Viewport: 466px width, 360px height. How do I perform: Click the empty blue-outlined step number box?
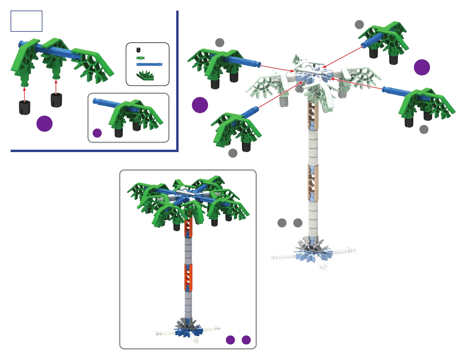26,21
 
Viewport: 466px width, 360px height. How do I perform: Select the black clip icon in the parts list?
139,50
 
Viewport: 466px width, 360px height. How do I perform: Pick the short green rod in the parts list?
141,58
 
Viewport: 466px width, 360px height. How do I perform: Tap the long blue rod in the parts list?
149,64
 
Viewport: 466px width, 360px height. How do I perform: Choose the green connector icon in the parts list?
145,76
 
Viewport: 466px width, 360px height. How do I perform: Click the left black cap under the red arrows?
24,107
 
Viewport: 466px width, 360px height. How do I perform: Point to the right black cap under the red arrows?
56,100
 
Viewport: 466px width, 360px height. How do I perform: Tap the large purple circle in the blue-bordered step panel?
44,124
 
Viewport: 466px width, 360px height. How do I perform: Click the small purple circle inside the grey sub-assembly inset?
97,133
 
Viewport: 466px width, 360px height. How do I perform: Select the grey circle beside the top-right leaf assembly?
359,25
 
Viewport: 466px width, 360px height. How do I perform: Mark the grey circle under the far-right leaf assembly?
424,129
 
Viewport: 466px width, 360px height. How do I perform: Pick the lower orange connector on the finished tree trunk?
188,277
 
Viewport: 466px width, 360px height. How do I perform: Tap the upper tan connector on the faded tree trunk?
313,116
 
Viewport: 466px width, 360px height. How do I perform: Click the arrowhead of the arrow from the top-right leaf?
324,68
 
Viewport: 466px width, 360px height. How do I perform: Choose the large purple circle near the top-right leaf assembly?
422,67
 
